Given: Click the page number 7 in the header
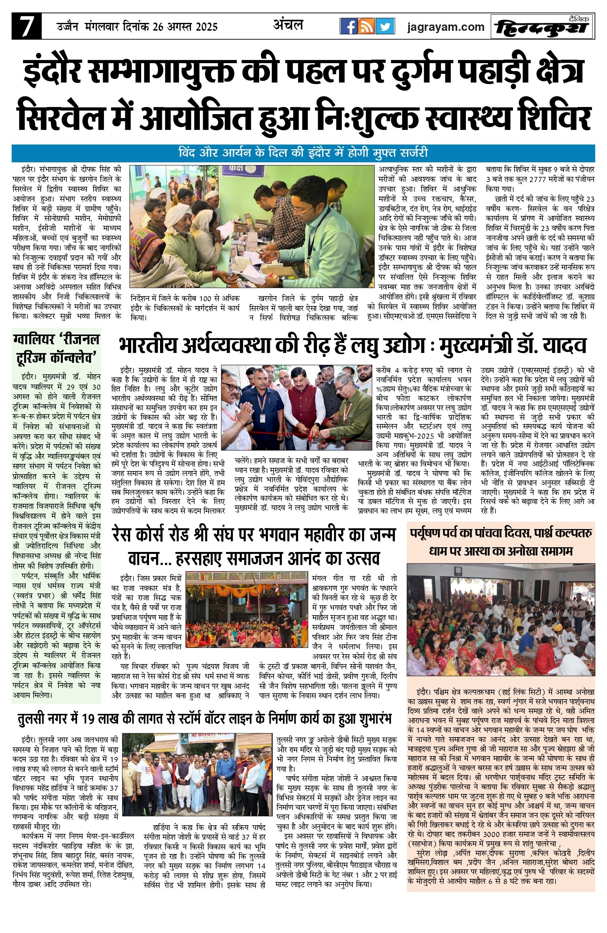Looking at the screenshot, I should pos(26,26).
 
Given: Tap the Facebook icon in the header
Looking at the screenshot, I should pos(349,26).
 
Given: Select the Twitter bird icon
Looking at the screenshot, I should pos(385,26).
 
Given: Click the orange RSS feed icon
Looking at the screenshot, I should pos(367,26).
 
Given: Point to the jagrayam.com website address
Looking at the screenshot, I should pos(446,27).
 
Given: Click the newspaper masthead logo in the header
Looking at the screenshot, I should pos(542,27).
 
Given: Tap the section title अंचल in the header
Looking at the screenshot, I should pos(288,25).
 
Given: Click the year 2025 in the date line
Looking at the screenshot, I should pos(203,27).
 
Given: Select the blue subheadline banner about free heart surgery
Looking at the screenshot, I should pos(303,152).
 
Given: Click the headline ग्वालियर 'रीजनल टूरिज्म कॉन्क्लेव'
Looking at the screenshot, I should pos(56,348).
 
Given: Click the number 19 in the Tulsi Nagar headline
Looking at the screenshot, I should pos(92,719).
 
